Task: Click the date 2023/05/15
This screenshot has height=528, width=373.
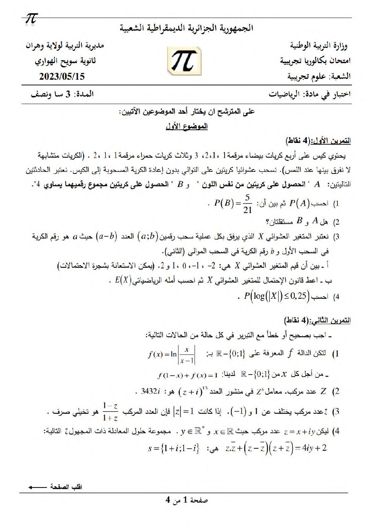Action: coord(62,76)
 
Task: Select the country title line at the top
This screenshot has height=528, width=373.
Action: coord(186,28)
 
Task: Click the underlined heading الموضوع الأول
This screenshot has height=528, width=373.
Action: coord(186,126)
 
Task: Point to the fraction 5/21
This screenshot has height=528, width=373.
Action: coord(247,204)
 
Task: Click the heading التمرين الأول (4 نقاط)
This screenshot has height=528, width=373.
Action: coord(318,140)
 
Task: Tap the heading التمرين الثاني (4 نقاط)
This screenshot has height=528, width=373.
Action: coord(317,320)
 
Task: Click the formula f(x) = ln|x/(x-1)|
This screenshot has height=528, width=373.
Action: coord(172,354)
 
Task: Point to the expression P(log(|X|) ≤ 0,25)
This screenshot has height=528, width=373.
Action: coord(277,296)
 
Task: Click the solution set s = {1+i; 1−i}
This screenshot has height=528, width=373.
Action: coord(174,449)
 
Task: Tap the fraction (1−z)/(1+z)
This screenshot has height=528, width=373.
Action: coord(110,412)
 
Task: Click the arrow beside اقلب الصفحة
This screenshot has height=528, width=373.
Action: coord(37,487)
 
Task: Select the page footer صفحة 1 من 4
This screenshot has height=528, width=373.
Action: coord(186,500)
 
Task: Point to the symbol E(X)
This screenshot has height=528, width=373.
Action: coord(123,280)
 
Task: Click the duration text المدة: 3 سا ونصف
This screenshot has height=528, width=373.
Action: coord(62,94)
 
